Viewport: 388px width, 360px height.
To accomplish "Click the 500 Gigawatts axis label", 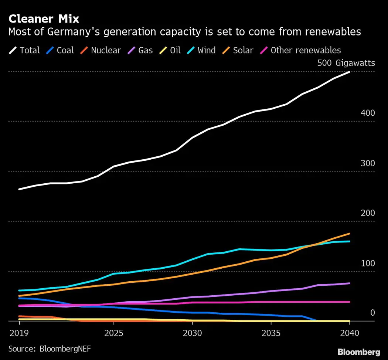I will (x=346, y=63).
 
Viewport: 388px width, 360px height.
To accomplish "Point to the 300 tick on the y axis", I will (x=367, y=163).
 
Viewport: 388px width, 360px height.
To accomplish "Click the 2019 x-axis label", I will (x=19, y=332).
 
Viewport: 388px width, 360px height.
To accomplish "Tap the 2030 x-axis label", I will (x=192, y=332).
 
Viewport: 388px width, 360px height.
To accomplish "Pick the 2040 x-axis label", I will (x=350, y=332).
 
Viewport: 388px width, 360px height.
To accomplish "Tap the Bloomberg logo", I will (x=359, y=351).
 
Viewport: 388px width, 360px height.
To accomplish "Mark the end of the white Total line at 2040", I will (x=350, y=72).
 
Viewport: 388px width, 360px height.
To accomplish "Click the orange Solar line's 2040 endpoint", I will (x=350, y=234).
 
